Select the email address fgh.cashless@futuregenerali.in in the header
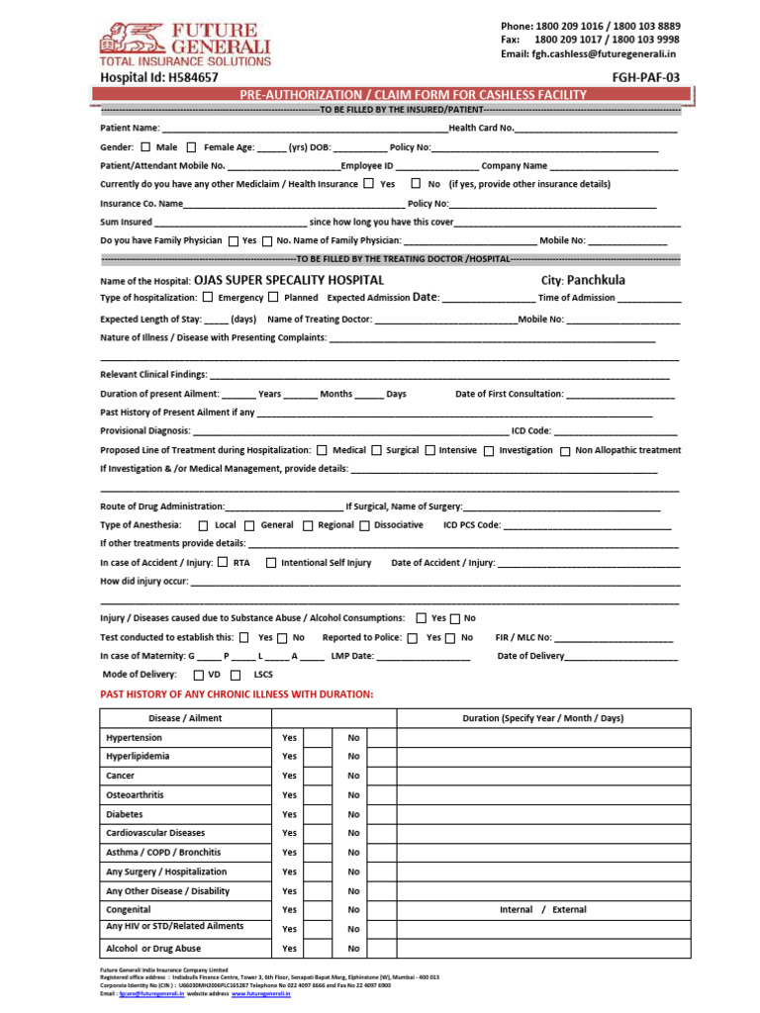tap(607, 54)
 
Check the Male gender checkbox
tap(145, 146)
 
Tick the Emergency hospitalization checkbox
tap(208, 297)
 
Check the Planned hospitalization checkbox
tap(273, 297)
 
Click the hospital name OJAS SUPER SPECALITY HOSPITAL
tap(289, 280)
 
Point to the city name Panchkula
tap(596, 280)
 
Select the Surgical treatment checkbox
tap(376, 451)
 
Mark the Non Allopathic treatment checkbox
tap(565, 451)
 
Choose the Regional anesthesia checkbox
tap(308, 526)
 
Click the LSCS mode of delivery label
tap(263, 675)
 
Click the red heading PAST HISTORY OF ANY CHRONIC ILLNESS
tap(237, 694)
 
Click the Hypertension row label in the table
tap(134, 738)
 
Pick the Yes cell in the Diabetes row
tap(289, 815)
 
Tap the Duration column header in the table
tap(542, 718)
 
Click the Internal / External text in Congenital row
tap(542, 910)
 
